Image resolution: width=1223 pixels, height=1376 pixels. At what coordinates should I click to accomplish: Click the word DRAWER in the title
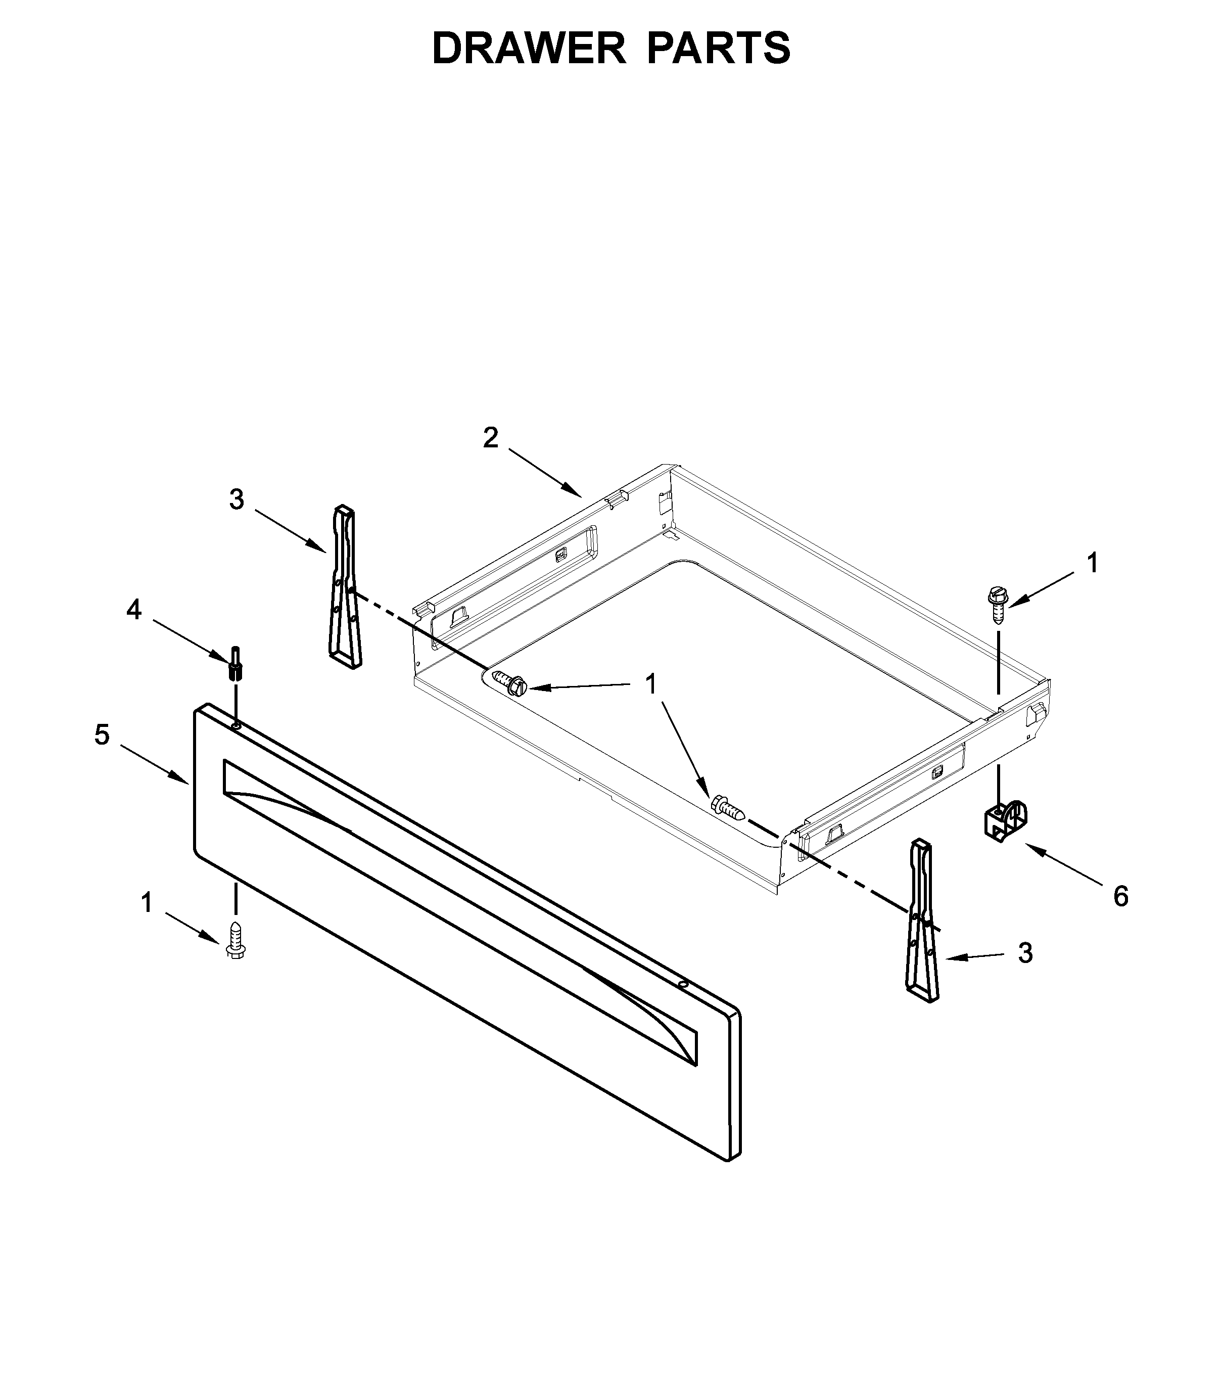click(x=529, y=49)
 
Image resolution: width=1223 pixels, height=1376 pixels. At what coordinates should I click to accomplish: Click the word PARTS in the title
click(x=718, y=49)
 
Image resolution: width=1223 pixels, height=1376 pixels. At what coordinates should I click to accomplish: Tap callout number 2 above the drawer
click(x=491, y=438)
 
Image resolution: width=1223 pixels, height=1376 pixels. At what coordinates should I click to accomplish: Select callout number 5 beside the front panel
click(x=102, y=735)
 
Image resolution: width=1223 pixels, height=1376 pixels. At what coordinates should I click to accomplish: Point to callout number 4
click(x=134, y=610)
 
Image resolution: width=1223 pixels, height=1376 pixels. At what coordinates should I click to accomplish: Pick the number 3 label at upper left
click(x=236, y=499)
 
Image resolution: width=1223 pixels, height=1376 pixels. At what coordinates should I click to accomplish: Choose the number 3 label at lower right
click(x=1025, y=953)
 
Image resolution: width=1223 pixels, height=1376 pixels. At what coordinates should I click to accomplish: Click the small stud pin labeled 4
click(x=236, y=663)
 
